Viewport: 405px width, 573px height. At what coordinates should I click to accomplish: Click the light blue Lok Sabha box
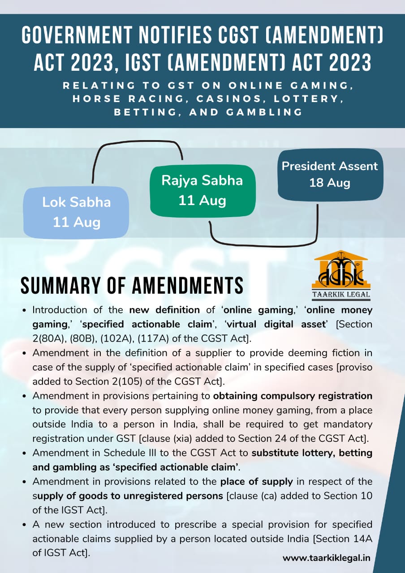[76, 212]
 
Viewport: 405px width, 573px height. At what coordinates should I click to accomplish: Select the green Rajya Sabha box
[202, 190]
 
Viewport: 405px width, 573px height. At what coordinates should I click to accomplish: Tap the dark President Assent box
[330, 174]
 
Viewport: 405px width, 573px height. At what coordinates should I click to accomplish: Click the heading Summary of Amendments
[132, 286]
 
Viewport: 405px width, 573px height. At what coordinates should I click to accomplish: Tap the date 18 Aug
[330, 183]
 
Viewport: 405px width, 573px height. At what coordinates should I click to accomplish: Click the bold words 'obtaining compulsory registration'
[293, 396]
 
